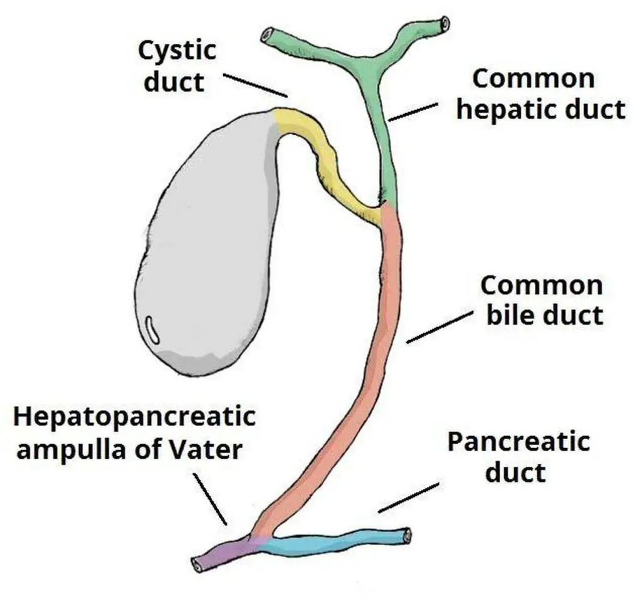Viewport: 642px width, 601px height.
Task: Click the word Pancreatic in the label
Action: click(518, 442)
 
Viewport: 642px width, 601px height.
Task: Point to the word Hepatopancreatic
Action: click(135, 417)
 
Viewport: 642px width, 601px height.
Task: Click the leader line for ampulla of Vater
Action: click(210, 499)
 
